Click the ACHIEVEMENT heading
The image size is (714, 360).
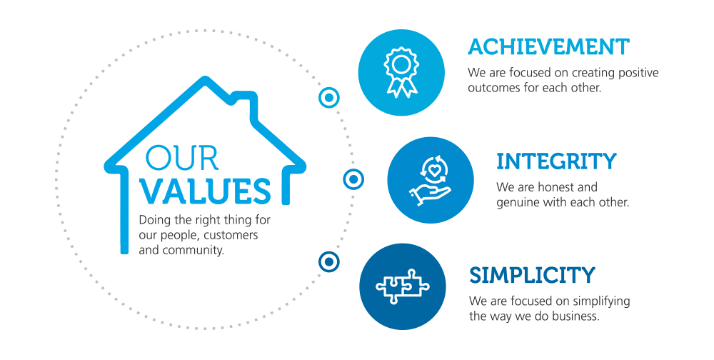548,47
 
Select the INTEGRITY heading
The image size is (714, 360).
556,161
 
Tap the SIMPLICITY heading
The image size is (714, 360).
532,275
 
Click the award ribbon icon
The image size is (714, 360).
401,72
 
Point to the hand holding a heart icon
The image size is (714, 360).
430,181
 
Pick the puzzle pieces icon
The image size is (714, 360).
403,286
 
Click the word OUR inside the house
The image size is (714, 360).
181,158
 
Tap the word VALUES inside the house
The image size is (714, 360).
205,190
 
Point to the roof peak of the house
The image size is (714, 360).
205,80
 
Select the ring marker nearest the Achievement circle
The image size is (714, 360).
328,98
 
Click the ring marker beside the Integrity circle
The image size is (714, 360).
353,179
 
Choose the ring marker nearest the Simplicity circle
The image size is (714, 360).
328,261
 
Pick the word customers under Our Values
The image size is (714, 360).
231,235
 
